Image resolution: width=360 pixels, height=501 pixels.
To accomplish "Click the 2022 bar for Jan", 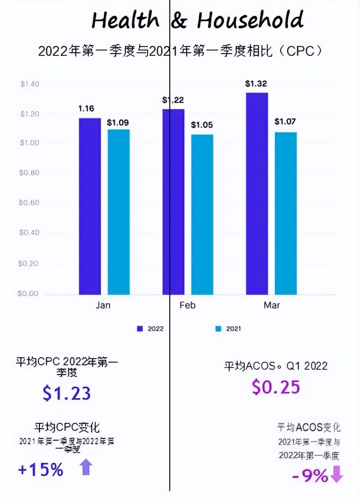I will click(90, 206).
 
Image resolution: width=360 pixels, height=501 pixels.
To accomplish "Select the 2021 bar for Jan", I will click(118, 212).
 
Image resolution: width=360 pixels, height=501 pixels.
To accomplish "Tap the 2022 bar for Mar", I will click(257, 194).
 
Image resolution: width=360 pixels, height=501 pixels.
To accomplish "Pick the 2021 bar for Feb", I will click(202, 215).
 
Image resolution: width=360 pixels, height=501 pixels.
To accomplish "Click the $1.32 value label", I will click(256, 83).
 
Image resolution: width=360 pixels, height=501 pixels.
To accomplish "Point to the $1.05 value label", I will click(202, 125).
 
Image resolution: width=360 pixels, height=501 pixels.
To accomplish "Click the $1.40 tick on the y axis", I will click(29, 84).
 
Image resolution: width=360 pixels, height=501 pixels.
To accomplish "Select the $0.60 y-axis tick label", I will click(29, 203).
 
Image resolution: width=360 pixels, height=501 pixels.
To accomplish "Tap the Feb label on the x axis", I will click(188, 305).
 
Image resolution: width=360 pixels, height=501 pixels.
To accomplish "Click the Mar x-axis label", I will click(272, 305).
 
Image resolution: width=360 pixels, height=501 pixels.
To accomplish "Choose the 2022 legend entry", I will click(150, 329).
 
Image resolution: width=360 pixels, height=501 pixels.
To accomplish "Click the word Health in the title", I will click(125, 20).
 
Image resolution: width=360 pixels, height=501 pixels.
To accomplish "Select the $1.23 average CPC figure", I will click(67, 393).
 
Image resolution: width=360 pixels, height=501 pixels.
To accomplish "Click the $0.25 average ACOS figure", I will click(276, 387).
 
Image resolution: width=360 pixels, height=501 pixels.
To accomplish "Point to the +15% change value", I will click(41, 470).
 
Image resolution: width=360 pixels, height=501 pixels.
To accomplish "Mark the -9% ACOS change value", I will click(310, 476).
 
